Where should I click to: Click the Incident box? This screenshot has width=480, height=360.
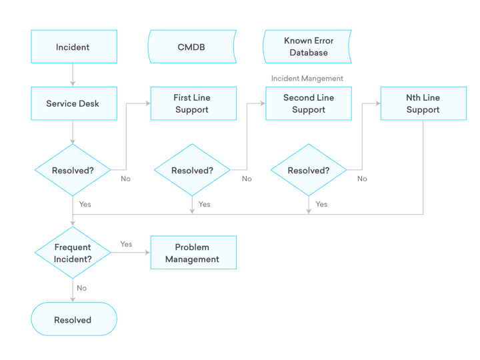point(73,47)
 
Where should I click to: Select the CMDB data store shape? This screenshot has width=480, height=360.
point(191,47)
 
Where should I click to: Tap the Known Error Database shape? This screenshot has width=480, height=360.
point(308,47)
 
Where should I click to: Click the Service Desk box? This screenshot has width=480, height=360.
point(73,103)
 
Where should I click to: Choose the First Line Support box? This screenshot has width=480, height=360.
point(193,103)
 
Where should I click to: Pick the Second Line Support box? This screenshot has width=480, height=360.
point(308,103)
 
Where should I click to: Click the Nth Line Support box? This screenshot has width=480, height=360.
point(423,103)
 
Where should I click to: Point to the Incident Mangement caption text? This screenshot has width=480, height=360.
point(307,79)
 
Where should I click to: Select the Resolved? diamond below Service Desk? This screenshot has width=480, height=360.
point(73,170)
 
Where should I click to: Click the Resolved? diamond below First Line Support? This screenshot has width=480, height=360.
point(192,170)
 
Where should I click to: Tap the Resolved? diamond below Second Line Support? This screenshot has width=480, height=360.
point(309,170)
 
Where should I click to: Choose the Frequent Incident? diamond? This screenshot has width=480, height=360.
point(73,253)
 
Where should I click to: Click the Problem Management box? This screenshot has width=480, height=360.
point(193,253)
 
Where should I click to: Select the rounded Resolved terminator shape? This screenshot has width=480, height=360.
point(73,320)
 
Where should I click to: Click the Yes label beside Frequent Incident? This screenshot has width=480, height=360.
point(126,244)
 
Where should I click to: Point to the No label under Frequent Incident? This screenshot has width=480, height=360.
point(81,288)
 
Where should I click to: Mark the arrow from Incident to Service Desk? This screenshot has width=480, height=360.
point(73,75)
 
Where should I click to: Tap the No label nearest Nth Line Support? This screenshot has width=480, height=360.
point(362,179)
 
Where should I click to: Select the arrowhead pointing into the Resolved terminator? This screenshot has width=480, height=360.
point(73,299)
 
